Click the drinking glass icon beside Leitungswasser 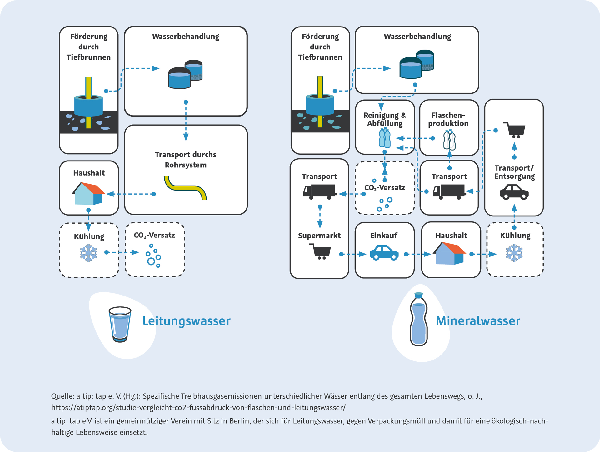click(x=120, y=324)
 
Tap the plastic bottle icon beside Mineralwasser click(x=418, y=319)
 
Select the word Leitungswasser click(x=186, y=321)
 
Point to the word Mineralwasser click(x=478, y=321)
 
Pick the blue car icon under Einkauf click(x=384, y=253)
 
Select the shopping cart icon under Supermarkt click(x=320, y=251)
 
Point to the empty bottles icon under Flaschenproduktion click(x=449, y=140)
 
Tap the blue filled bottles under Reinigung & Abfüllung click(x=385, y=138)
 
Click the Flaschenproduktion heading click(x=448, y=119)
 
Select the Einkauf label click(x=384, y=236)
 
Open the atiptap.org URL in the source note click(x=198, y=407)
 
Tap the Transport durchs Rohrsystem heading click(x=186, y=160)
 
